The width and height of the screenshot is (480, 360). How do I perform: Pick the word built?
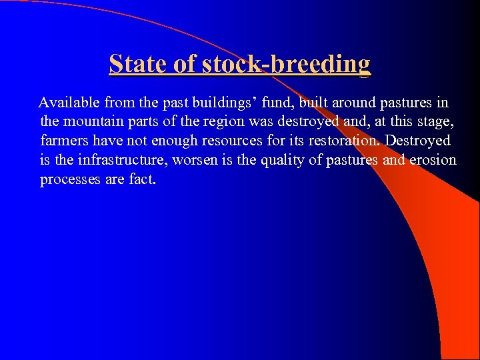(316, 103)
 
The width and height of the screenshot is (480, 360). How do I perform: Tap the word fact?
(142, 180)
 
